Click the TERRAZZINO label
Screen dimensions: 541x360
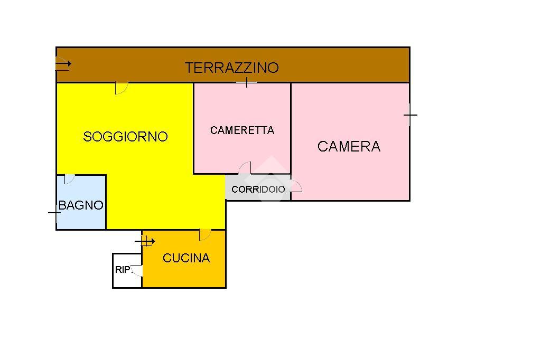(231, 68)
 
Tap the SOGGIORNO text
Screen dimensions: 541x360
(125, 137)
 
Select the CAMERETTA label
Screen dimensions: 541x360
(242, 130)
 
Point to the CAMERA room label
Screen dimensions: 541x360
(349, 146)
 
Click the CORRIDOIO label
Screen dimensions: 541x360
(258, 189)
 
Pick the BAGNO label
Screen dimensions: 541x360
(81, 205)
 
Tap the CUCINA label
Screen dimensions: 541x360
(186, 258)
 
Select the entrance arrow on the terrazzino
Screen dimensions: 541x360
(63, 64)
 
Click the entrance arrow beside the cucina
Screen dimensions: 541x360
(145, 241)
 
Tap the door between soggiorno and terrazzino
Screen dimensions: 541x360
(121, 88)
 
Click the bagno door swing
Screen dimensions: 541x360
(69, 179)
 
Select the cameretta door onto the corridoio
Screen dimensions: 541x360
(245, 168)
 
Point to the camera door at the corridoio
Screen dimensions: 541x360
(296, 186)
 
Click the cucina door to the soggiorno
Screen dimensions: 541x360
(205, 235)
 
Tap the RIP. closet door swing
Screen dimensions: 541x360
(137, 271)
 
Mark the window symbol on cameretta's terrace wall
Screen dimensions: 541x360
(247, 82)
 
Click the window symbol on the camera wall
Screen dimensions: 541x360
(410, 115)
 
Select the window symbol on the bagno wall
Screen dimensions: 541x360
(55, 213)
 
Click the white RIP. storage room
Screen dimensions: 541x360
(127, 271)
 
